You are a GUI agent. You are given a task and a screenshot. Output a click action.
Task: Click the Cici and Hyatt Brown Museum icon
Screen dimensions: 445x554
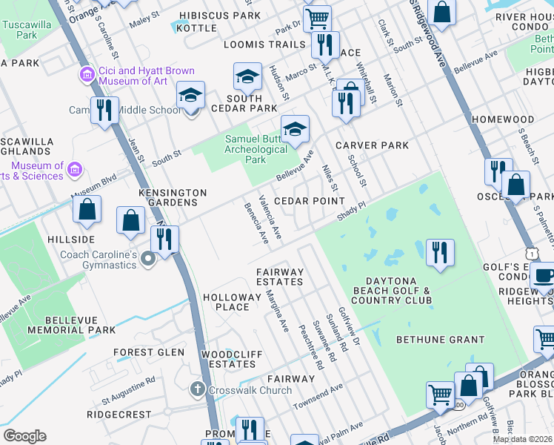87,75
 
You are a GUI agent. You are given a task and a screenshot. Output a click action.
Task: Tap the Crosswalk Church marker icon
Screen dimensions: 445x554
197,389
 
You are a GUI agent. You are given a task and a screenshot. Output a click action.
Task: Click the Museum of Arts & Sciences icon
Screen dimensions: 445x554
73,171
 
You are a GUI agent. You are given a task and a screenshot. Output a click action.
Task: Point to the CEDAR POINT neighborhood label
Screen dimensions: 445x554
309,201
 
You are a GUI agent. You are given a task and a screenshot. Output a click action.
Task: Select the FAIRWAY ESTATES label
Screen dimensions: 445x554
280,277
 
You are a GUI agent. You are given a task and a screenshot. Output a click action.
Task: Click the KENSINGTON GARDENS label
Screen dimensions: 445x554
173,197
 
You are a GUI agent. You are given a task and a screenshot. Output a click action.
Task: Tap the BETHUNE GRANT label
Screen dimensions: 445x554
440,340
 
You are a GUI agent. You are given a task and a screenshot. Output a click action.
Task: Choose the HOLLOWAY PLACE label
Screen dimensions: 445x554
226,302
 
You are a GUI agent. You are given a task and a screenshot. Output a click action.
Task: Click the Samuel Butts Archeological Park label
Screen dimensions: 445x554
256,149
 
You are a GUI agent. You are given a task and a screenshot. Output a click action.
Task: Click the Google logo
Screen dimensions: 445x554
24,436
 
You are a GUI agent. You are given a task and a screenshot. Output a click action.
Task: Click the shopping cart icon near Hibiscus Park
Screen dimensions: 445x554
317,18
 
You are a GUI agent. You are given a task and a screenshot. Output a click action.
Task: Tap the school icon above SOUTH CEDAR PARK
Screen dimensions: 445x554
247,76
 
